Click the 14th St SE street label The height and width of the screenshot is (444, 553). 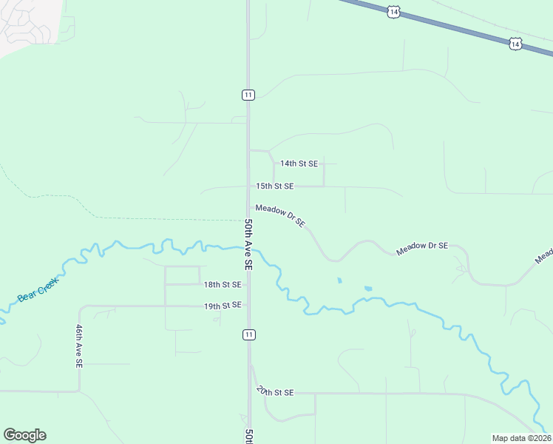pyautogui.click(x=299, y=164)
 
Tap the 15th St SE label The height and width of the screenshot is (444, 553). pyautogui.click(x=275, y=186)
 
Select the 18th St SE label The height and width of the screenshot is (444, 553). pyautogui.click(x=223, y=284)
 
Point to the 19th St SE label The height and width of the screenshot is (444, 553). pyautogui.click(x=223, y=305)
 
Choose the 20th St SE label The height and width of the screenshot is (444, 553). pyautogui.click(x=275, y=391)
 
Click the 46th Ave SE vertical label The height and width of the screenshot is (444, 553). pyautogui.click(x=78, y=346)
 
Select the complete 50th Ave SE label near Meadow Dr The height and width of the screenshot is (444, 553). pyautogui.click(x=249, y=243)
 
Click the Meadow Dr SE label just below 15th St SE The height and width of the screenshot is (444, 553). pyautogui.click(x=280, y=217)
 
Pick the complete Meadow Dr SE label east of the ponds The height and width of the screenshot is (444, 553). pyautogui.click(x=422, y=249)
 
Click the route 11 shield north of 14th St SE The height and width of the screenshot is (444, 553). pyautogui.click(x=248, y=94)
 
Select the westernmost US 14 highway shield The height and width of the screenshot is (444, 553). pyautogui.click(x=394, y=11)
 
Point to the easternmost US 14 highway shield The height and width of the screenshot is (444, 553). pyautogui.click(x=515, y=44)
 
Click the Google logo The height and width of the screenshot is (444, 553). pyautogui.click(x=24, y=435)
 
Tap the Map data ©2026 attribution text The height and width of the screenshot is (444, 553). pyautogui.click(x=521, y=438)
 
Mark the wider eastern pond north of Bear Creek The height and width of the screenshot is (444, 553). pyautogui.click(x=368, y=289)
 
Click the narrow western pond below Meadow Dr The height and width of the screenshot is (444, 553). pyautogui.click(x=339, y=280)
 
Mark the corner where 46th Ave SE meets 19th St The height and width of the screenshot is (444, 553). pyautogui.click(x=80, y=306)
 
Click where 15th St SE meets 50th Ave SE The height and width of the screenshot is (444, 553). pyautogui.click(x=248, y=186)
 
